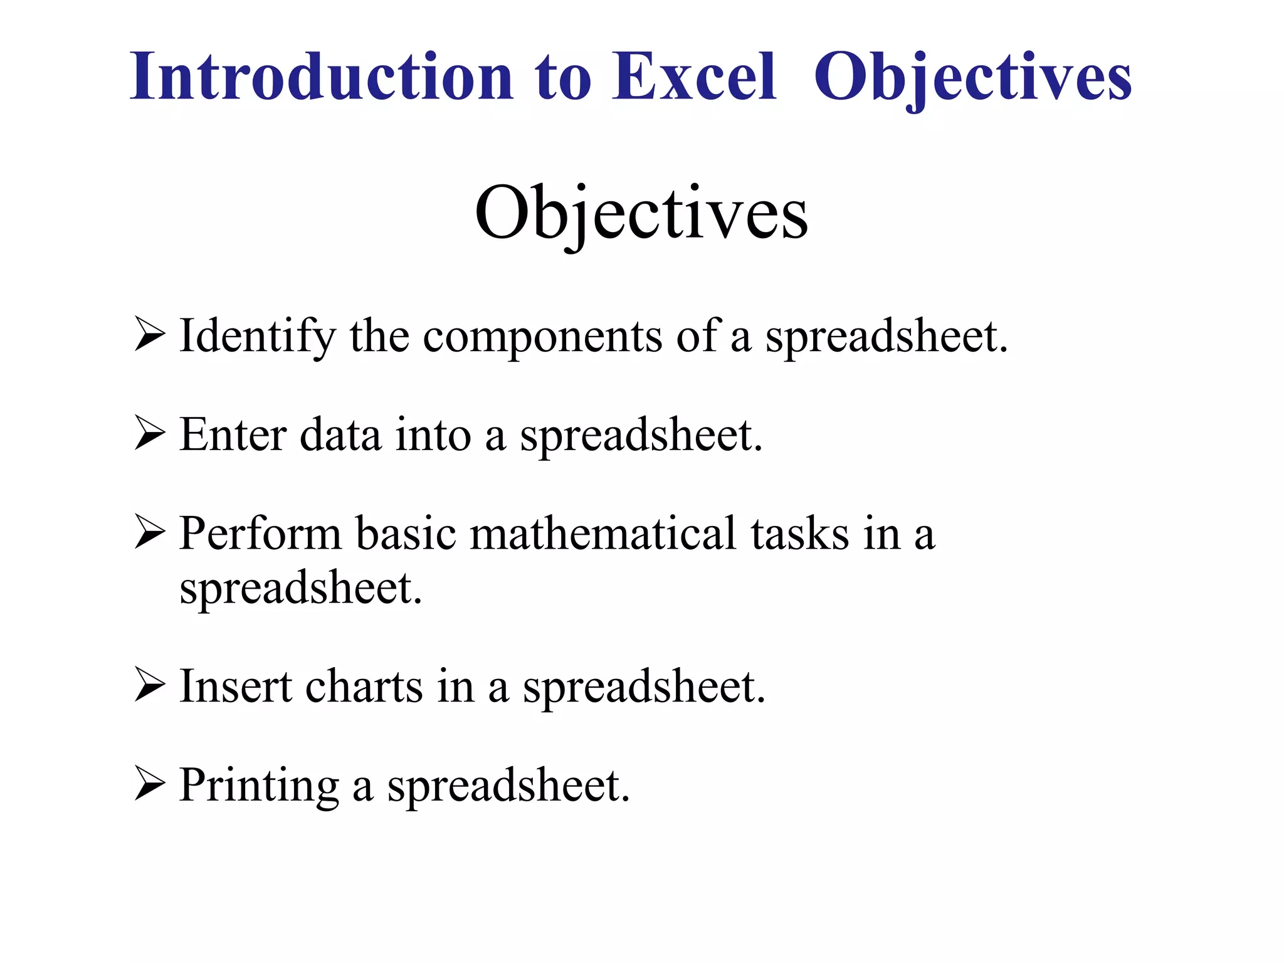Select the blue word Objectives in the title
972,78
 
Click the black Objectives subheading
641,213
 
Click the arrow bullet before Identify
150,335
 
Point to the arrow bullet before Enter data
150,434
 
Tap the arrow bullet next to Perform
150,533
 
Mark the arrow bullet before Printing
150,784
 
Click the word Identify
258,337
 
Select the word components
542,337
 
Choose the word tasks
800,534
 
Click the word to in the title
562,78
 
